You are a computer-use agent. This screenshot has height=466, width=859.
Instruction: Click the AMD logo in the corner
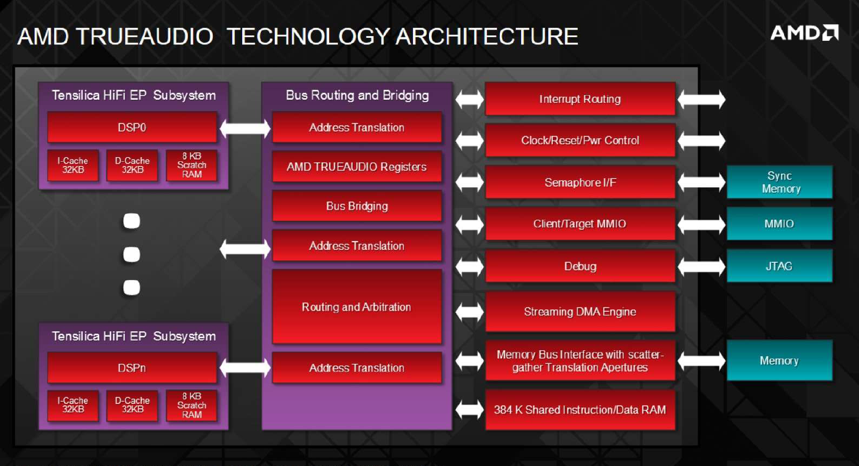pos(804,33)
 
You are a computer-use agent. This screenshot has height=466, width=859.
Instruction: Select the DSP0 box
pos(132,127)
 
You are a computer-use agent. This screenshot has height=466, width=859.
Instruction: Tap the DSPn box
pos(132,368)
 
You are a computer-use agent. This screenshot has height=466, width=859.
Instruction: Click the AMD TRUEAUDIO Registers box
pos(357,167)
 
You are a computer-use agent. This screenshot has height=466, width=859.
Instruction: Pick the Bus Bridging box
pos(357,206)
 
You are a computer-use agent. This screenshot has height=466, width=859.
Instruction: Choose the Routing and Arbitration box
pos(357,307)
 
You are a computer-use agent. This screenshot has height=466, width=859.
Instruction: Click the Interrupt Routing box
pos(580,99)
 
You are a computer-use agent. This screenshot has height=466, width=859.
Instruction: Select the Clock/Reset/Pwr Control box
pos(580,140)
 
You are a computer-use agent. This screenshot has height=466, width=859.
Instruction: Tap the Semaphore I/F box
pos(580,183)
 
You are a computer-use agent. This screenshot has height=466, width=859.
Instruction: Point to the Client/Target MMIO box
pos(580,224)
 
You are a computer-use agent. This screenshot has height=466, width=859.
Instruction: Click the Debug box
pos(580,266)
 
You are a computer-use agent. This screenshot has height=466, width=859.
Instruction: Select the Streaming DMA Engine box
pos(580,312)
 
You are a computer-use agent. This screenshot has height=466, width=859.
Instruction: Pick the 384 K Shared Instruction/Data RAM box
pos(580,410)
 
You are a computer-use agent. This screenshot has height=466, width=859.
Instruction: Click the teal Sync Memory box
pos(780,182)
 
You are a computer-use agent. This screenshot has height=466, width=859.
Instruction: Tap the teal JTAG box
pos(780,266)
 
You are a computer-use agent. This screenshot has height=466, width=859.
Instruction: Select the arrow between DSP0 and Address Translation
pos(245,128)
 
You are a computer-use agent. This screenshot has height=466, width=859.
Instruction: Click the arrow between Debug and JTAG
pos(701,266)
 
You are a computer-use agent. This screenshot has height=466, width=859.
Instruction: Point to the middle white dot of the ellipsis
pos(132,255)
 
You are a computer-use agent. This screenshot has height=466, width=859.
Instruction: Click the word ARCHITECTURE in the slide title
pos(487,37)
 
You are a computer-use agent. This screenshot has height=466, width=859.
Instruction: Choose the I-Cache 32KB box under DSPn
pos(73,405)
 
